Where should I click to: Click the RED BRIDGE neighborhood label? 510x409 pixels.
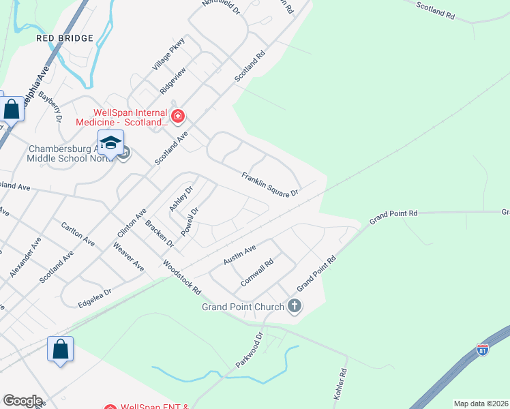65,38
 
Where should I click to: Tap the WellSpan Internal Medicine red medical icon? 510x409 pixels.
177,116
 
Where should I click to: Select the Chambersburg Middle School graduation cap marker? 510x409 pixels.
110,142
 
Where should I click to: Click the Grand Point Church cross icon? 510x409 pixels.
295,306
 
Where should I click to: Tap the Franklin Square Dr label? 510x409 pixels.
270,184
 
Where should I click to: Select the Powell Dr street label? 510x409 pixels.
190,222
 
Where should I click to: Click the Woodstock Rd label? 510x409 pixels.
182,275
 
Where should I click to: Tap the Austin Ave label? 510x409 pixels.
239,255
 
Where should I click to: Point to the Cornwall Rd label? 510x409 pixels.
257,271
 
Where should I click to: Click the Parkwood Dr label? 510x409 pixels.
250,350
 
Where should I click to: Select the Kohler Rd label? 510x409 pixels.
340,382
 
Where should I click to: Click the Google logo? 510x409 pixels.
23,401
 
